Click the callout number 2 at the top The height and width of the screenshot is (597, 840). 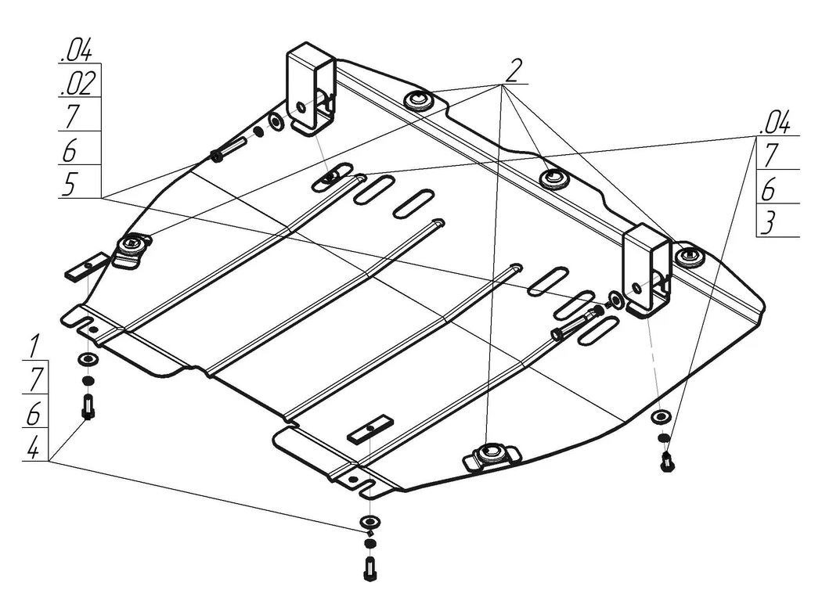513,70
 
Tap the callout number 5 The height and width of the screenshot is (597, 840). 70,184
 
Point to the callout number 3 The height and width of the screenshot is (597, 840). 767,223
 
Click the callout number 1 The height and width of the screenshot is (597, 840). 34,346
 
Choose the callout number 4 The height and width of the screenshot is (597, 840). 33,447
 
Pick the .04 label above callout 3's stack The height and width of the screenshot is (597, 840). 775,122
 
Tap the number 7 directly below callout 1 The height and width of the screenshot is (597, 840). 35,379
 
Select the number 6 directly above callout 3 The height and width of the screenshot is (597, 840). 768,189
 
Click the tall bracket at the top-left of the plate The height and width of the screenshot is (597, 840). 312,88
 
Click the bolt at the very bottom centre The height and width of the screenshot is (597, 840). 369,569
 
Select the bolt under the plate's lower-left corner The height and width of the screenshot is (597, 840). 88,407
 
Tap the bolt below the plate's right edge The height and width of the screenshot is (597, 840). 667,462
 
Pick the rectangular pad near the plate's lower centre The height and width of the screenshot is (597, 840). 370,429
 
